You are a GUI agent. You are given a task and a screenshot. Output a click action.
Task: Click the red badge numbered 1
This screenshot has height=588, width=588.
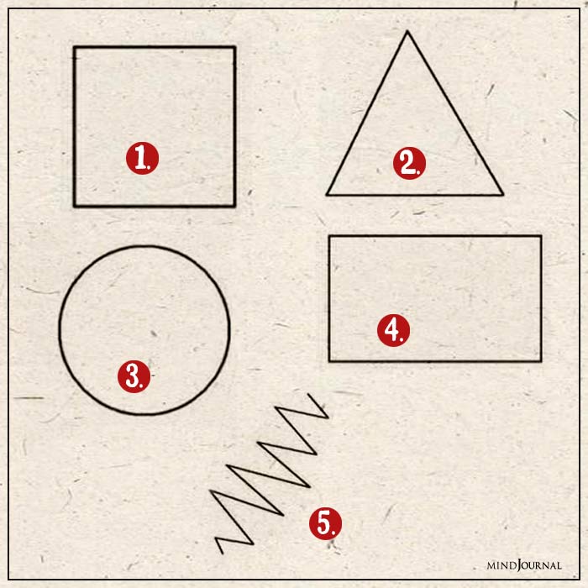click(x=143, y=158)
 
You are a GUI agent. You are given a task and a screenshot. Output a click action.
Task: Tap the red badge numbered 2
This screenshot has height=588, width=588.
click(x=409, y=163)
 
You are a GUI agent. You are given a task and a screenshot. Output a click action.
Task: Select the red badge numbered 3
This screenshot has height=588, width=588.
click(x=134, y=376)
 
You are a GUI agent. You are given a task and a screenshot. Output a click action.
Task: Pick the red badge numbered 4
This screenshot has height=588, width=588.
click(x=392, y=330)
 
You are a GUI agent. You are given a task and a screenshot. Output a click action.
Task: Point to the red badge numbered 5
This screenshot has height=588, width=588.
click(x=325, y=522)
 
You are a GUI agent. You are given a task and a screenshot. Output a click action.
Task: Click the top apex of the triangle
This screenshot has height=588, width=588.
click(x=407, y=32)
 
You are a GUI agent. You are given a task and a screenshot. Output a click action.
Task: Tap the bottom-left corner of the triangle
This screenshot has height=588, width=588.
click(x=327, y=195)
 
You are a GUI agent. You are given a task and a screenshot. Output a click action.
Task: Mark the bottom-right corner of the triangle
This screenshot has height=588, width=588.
click(x=502, y=195)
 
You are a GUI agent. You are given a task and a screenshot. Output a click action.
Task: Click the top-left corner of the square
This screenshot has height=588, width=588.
click(x=74, y=47)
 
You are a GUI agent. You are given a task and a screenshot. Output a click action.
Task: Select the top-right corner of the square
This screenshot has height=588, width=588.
click(x=234, y=47)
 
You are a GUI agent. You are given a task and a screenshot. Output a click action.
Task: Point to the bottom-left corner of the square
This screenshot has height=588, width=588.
click(x=74, y=206)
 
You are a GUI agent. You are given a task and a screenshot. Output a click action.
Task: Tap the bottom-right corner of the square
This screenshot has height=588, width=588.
click(x=234, y=206)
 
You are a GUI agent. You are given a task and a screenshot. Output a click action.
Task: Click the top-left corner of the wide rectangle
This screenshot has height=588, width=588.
click(x=329, y=236)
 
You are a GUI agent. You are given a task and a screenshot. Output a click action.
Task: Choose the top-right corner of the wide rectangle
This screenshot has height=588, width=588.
click(x=541, y=236)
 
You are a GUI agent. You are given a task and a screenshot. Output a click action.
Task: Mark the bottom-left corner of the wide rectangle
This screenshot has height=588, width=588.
click(x=329, y=361)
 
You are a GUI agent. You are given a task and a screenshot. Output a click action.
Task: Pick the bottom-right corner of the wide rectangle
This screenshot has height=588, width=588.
click(x=541, y=361)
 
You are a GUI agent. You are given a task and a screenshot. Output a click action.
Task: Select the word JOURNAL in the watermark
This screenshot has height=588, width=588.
click(x=541, y=565)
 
